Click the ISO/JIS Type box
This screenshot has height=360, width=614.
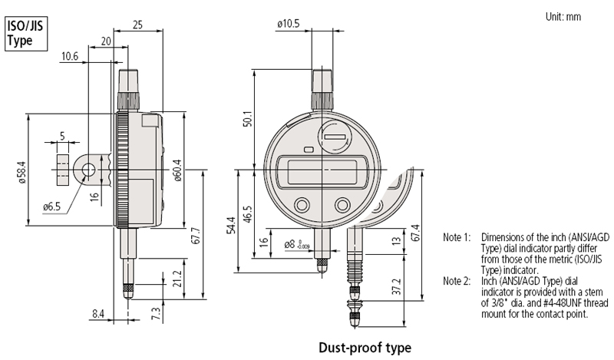click(26, 34)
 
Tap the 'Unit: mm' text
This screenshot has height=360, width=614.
click(563, 17)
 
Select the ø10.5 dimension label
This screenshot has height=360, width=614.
click(289, 24)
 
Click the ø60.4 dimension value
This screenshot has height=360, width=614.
click(177, 170)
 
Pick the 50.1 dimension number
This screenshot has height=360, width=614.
click(248, 117)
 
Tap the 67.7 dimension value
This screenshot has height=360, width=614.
click(196, 236)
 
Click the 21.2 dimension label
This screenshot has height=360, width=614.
click(177, 279)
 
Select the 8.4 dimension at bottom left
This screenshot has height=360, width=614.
click(98, 314)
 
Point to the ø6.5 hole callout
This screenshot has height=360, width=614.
click(51, 206)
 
